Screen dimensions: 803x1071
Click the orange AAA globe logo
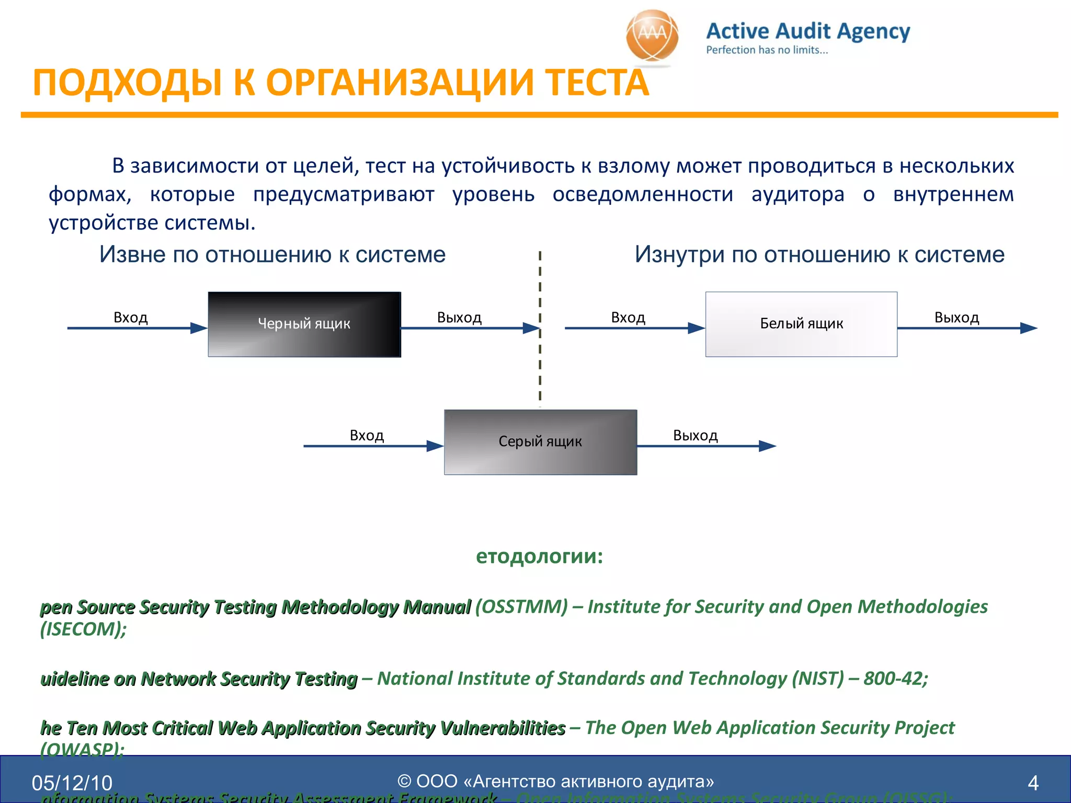coord(652,37)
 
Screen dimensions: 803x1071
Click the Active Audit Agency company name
coord(808,31)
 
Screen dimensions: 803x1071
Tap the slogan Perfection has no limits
coord(767,50)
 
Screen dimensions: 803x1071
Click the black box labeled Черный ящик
coord(304,324)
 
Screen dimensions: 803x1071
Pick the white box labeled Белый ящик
coord(801,324)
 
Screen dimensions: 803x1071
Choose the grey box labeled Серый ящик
coord(540,442)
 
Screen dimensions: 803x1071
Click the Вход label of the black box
coord(131,317)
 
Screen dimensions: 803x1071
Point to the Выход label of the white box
coord(956,317)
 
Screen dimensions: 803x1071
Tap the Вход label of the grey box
coord(367,435)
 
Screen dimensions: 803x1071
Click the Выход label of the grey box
coord(695,435)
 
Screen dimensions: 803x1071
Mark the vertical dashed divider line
coord(540,366)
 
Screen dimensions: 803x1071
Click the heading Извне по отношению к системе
coord(272,255)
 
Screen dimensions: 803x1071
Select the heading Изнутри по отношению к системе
coord(819,255)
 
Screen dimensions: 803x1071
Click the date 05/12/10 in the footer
coord(72,783)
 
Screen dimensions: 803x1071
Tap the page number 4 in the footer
coord(1033,783)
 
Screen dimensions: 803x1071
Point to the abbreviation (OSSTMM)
coord(521,606)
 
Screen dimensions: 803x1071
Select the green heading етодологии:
coord(539,556)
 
